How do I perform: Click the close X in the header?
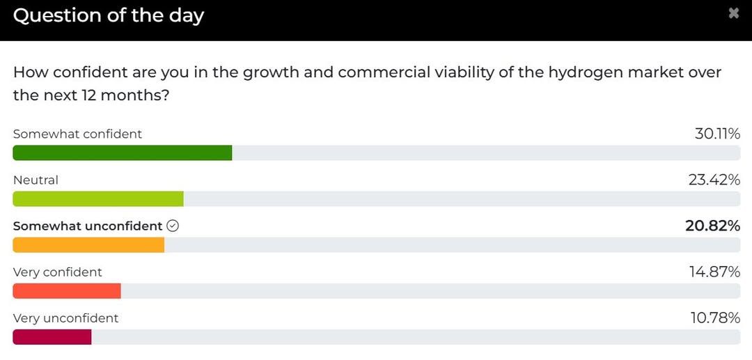pyautogui.click(x=733, y=13)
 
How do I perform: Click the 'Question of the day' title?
pyautogui.click(x=108, y=15)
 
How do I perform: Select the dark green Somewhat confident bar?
pyautogui.click(x=122, y=152)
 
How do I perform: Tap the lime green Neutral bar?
pyautogui.click(x=98, y=198)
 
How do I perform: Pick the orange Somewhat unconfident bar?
pyautogui.click(x=88, y=245)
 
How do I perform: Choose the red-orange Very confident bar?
pyautogui.click(x=67, y=291)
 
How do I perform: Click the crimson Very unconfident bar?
pyautogui.click(x=52, y=337)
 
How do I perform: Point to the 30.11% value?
pyautogui.click(x=716, y=134)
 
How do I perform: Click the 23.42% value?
pyautogui.click(x=714, y=180)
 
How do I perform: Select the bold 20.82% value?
pyautogui.click(x=712, y=226)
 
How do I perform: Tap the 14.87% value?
pyautogui.click(x=714, y=272)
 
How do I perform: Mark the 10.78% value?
pyautogui.click(x=714, y=318)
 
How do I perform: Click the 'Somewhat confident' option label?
pyautogui.click(x=77, y=134)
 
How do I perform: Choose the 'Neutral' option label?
pyautogui.click(x=36, y=180)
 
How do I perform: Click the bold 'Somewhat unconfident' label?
pyautogui.click(x=88, y=226)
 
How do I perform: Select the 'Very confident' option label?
pyautogui.click(x=57, y=272)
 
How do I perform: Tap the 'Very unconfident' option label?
pyautogui.click(x=65, y=318)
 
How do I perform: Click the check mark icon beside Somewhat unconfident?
pyautogui.click(x=173, y=226)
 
